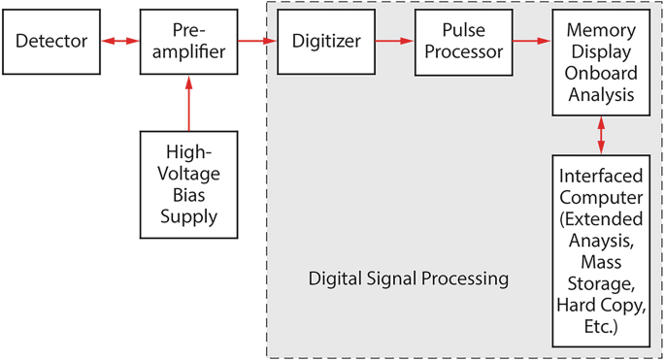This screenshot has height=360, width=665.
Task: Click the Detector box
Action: pyautogui.click(x=51, y=42)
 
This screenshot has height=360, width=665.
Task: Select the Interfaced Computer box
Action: pyautogui.click(x=601, y=250)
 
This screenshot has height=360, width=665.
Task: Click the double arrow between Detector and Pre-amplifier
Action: pyautogui.click(x=119, y=42)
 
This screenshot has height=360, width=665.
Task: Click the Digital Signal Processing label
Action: pyautogui.click(x=408, y=279)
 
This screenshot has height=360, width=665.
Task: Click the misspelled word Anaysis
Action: pyautogui.click(x=601, y=240)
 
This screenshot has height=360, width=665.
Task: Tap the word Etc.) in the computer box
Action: pyautogui.click(x=601, y=327)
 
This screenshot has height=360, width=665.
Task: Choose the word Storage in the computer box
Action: pyautogui.click(x=601, y=284)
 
